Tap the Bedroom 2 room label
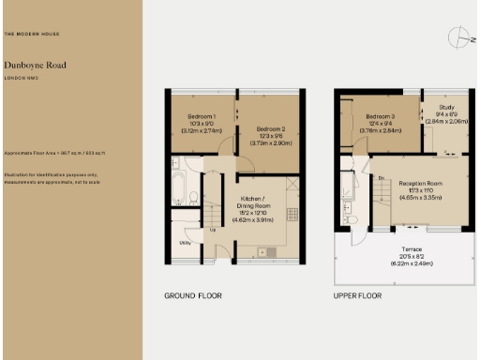pos(270,128)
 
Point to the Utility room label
pos(185,243)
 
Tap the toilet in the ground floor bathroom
pos(192,198)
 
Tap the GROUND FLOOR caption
pos(192,295)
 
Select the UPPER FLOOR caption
pos(357,295)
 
